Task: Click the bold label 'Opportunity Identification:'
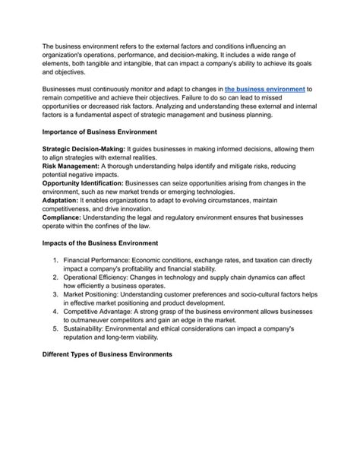point(85,183)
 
